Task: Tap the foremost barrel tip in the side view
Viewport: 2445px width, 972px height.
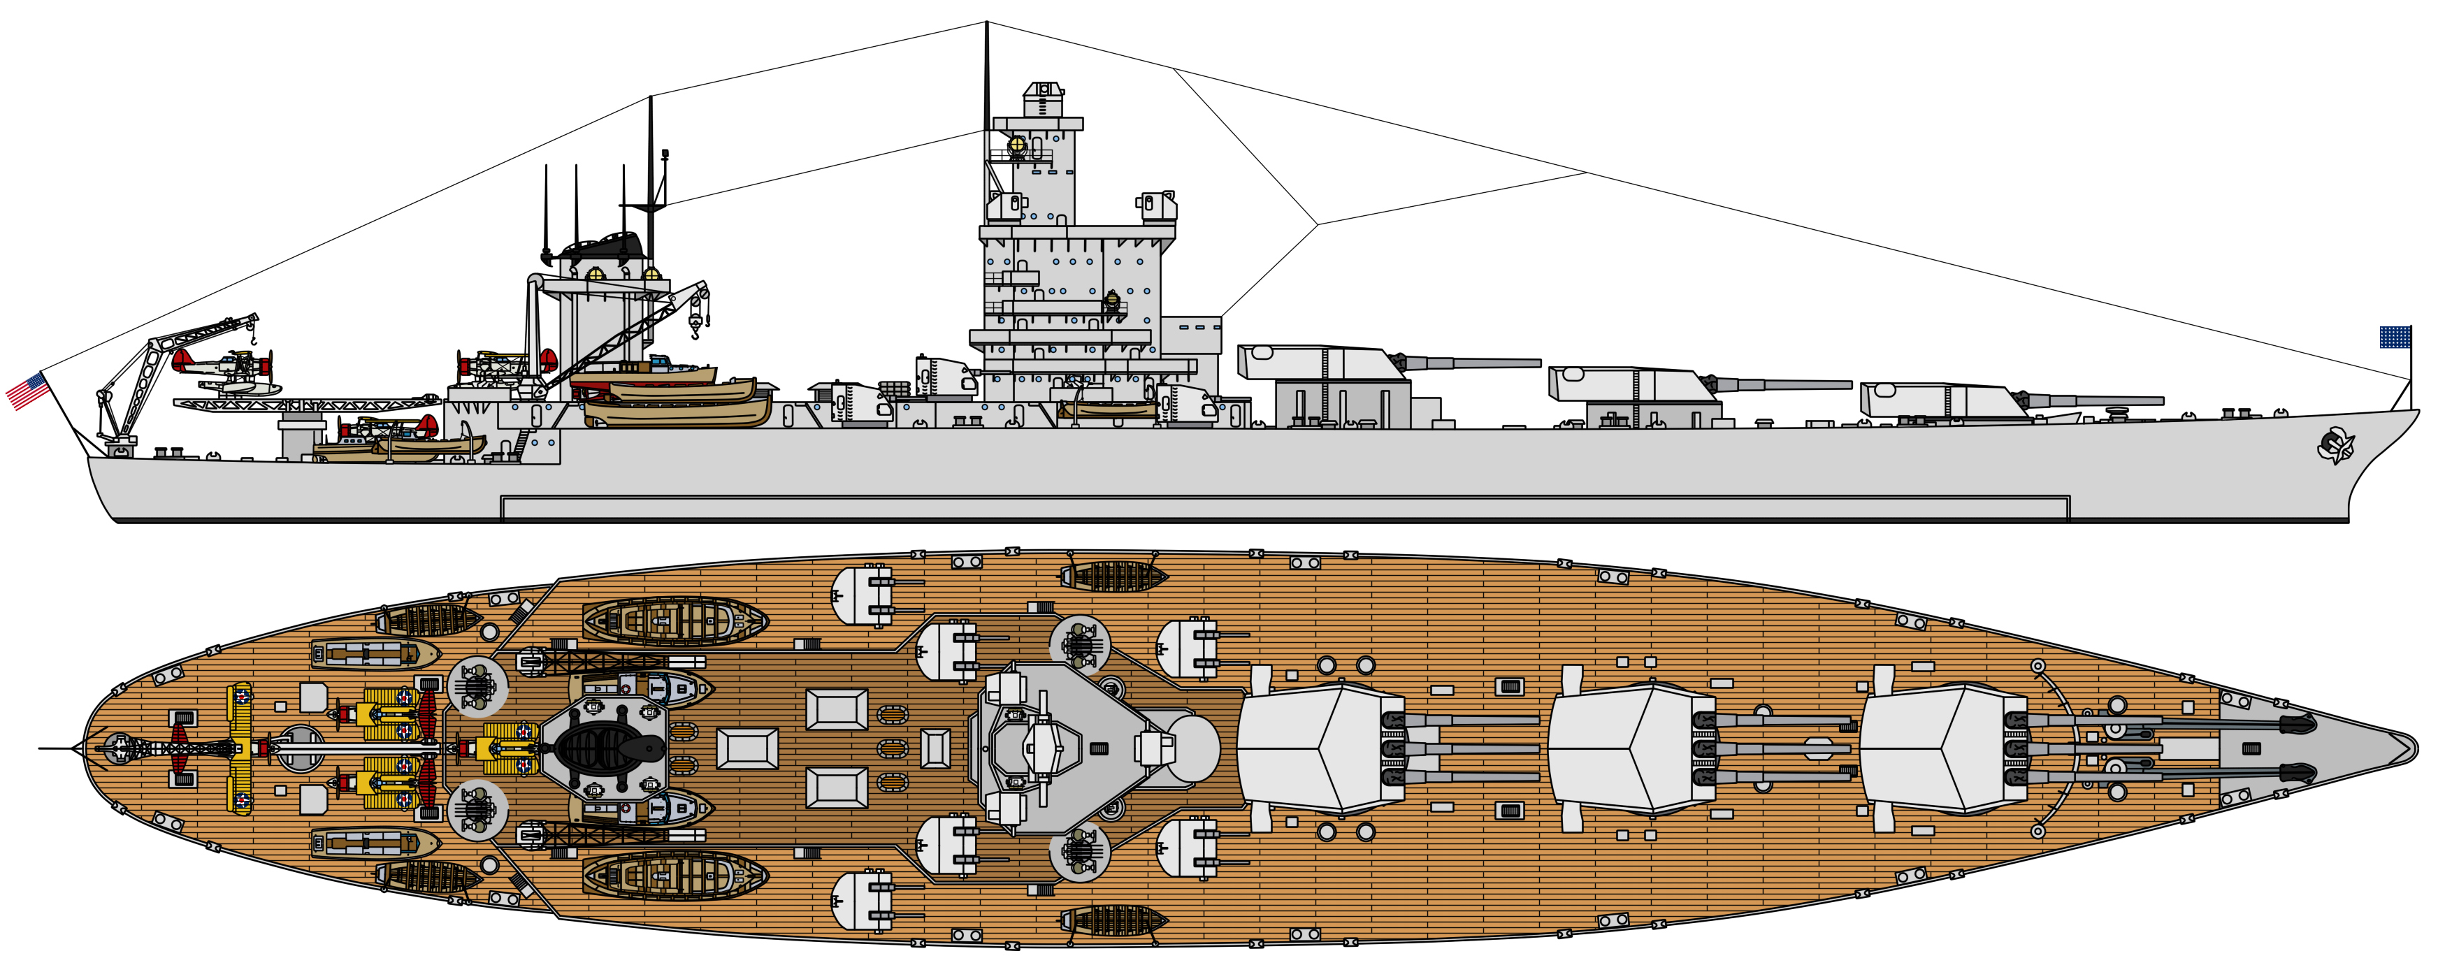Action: pos(2162,400)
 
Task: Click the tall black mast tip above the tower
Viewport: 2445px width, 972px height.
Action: pos(987,29)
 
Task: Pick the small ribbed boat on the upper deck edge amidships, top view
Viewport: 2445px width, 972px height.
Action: pos(1114,575)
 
